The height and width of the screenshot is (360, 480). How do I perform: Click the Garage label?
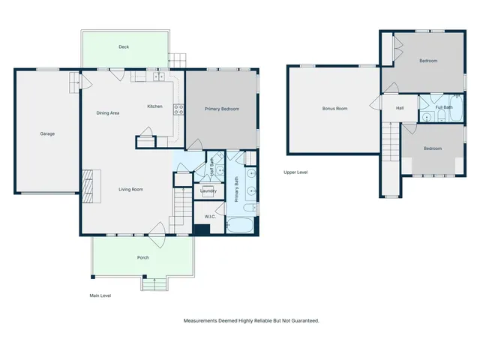[47, 133]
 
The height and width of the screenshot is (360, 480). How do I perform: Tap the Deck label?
[124, 46]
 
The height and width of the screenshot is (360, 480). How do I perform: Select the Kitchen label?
[154, 106]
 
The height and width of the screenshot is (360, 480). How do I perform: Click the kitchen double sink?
[158, 76]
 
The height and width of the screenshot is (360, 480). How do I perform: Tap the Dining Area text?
[108, 113]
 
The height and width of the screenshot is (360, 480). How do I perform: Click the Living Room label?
[130, 189]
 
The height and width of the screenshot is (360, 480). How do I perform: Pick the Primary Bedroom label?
[222, 109]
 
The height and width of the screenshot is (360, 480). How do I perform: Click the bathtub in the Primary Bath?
[242, 224]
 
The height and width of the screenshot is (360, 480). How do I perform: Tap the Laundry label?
[208, 191]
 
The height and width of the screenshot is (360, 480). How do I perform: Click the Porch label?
[142, 257]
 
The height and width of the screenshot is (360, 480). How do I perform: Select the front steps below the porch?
[154, 284]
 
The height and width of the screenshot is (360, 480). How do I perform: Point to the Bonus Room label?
[334, 109]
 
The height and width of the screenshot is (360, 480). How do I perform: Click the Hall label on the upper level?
[400, 108]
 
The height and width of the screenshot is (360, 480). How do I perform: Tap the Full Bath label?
[444, 107]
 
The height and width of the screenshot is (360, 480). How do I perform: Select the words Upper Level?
[295, 172]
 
